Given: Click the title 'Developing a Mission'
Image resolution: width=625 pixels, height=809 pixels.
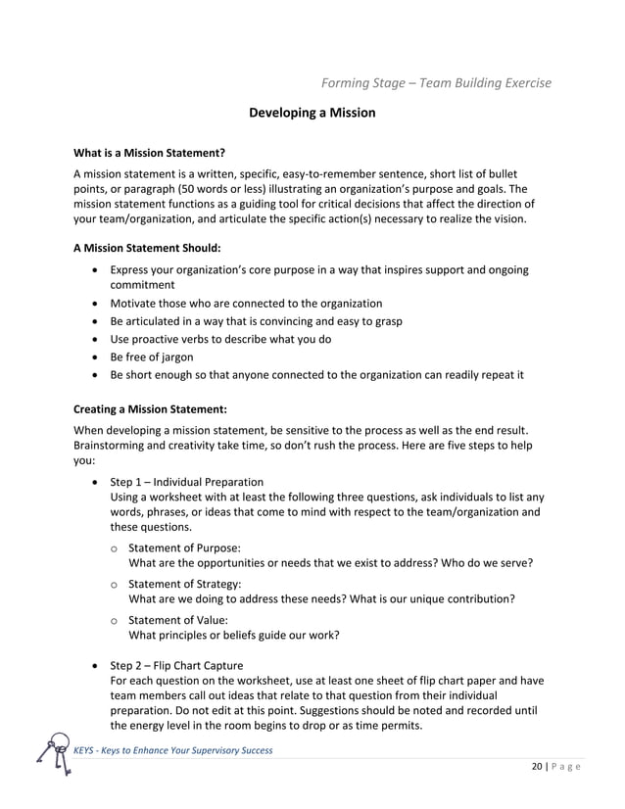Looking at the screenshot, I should point(312,113).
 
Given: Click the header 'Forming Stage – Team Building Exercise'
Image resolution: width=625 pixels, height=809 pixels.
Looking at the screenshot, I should point(436,81).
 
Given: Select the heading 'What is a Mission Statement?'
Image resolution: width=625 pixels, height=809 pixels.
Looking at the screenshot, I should point(150,153).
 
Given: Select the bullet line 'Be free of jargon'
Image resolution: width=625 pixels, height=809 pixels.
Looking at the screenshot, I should point(152,357).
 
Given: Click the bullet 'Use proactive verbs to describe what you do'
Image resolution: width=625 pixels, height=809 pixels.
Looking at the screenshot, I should point(234,339).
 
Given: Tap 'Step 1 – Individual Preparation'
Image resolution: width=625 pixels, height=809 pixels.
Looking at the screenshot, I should point(186,482).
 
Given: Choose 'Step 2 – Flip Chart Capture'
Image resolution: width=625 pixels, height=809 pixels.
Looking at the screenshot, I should point(176,665).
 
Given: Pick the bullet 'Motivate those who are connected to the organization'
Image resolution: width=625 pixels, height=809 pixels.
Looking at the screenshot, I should point(246,304).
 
